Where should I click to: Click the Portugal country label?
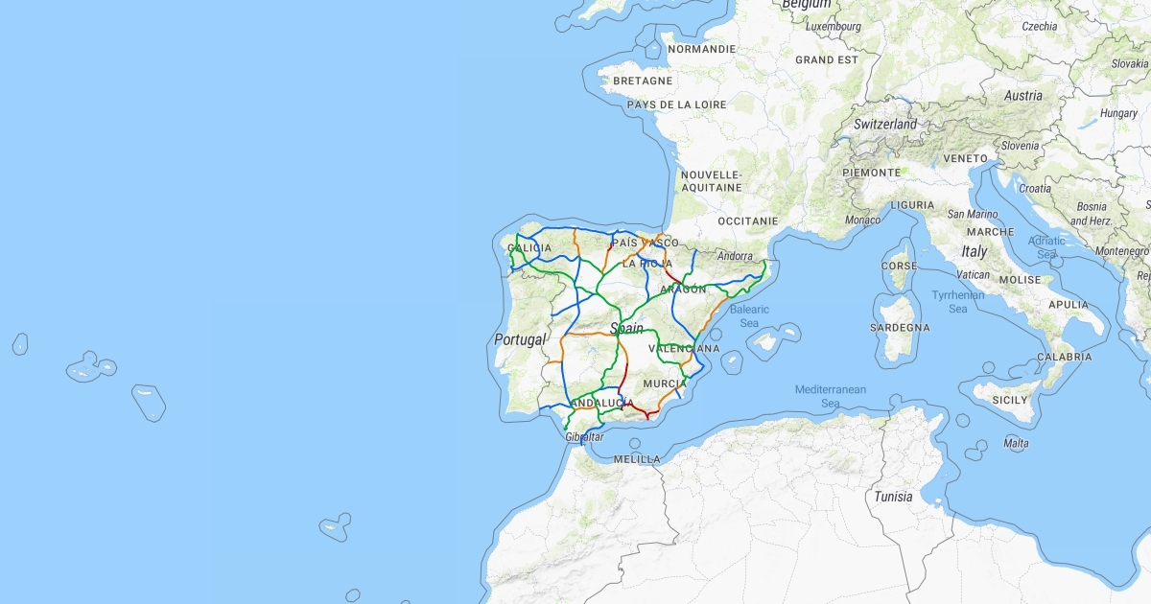pos(520,339)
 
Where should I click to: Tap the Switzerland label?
pos(885,125)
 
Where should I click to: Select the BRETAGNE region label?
pos(643,81)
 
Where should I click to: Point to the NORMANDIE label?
pos(701,49)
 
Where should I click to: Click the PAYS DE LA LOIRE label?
pos(676,105)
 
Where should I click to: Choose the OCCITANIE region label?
pos(748,221)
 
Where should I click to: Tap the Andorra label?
pos(736,256)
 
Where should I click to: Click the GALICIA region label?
pos(529,248)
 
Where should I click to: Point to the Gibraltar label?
pos(585,437)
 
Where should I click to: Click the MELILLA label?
pos(637,459)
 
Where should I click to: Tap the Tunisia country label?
pos(893,497)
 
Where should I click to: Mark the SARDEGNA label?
pos(900,328)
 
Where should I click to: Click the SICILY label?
pos(1009,400)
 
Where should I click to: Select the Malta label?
pos(1016,443)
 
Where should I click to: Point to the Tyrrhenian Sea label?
pos(958,302)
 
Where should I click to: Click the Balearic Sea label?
pos(749,315)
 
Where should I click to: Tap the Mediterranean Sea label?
pos(830,396)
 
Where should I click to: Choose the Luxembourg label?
pos(834,27)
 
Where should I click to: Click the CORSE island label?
pos(899,266)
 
